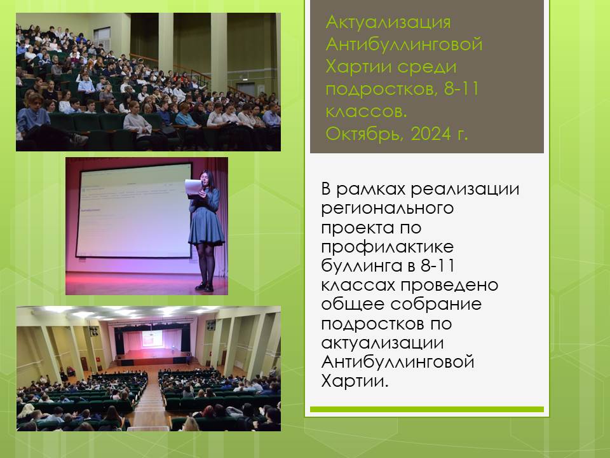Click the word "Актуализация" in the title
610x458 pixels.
388,23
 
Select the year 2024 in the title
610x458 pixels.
431,134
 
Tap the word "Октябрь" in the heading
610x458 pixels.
364,134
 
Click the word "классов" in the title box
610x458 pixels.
366,112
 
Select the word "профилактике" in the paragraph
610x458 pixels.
388,247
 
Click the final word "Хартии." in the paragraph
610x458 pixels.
355,380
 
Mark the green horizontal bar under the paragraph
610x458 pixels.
427,409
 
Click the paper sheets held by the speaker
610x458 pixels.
193,188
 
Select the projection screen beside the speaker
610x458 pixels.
133,211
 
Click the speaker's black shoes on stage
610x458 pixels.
205,287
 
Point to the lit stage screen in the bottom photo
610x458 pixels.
152,338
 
